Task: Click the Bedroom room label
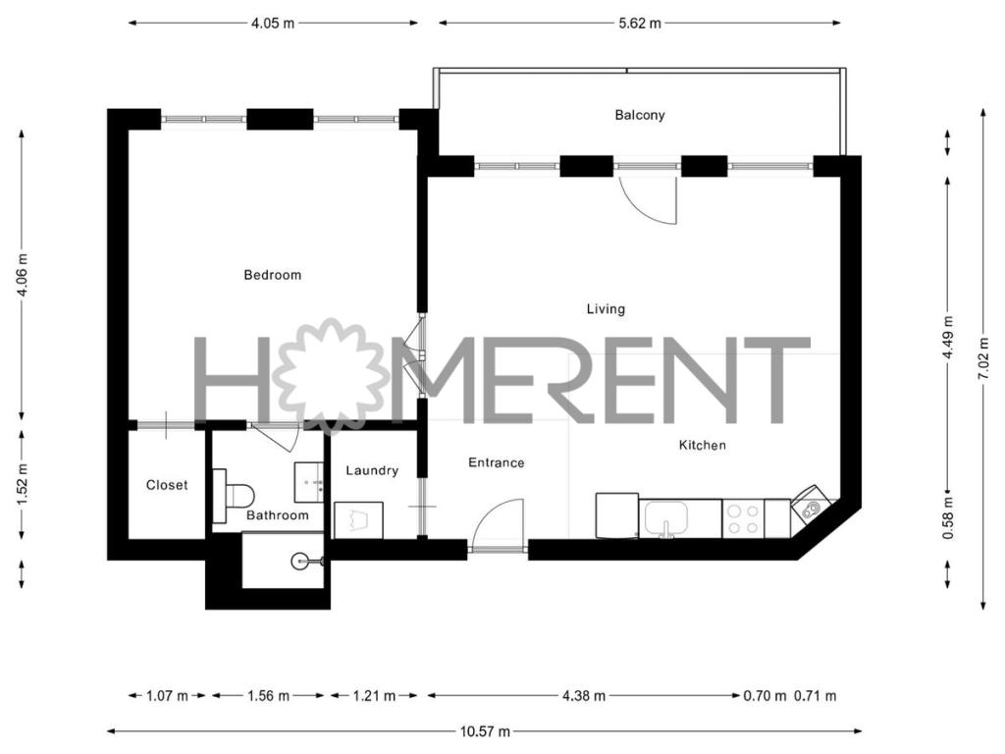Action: click(x=273, y=275)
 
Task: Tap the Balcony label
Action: click(x=640, y=116)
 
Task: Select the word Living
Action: click(x=606, y=309)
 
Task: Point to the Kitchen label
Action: click(x=703, y=445)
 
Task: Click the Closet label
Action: click(x=167, y=485)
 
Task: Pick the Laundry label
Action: click(x=372, y=470)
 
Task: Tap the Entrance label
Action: click(x=496, y=463)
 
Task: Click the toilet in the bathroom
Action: click(x=234, y=496)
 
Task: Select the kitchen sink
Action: click(x=666, y=518)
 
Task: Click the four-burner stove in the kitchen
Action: click(x=744, y=519)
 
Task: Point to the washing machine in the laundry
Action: click(x=358, y=520)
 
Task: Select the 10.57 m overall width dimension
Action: click(x=485, y=731)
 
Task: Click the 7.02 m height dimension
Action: click(x=983, y=359)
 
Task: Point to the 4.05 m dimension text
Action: click(x=273, y=24)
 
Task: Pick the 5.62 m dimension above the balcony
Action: click(x=640, y=24)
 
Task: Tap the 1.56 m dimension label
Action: click(x=269, y=696)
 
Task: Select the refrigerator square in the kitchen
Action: click(x=617, y=515)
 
